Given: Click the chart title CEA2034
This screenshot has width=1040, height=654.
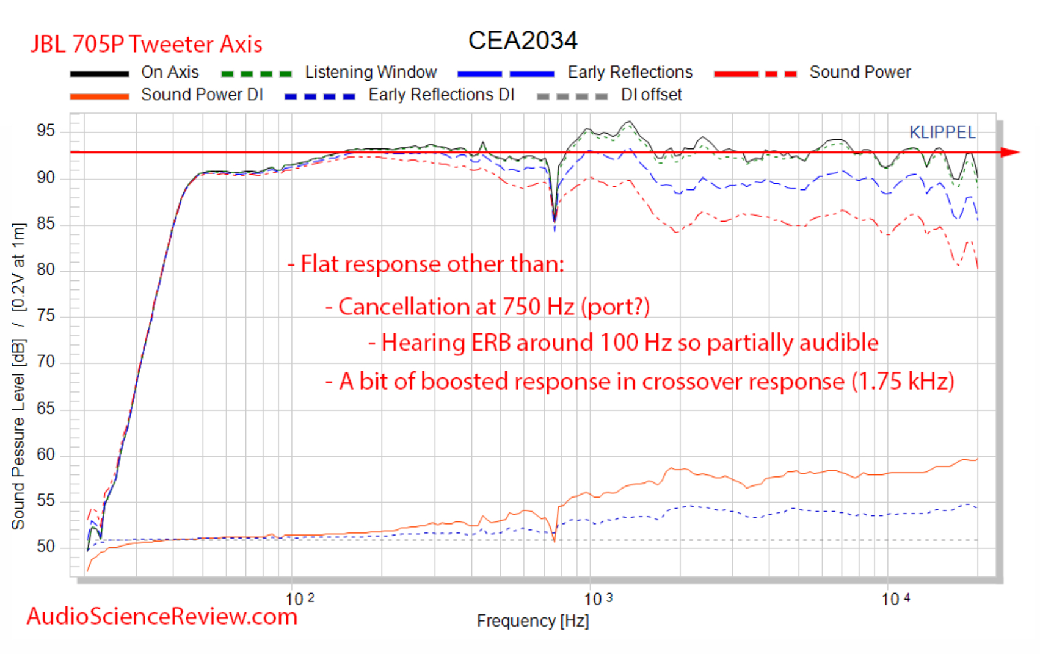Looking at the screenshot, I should [x=522, y=41].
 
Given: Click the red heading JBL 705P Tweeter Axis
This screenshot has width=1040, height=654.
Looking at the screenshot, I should [x=147, y=45].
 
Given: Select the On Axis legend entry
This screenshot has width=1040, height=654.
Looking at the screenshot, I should [x=170, y=72].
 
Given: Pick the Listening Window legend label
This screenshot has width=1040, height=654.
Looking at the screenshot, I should [x=371, y=72].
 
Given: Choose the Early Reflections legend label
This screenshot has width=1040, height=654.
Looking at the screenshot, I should [x=630, y=72].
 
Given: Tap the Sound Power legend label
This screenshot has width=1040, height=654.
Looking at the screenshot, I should [x=860, y=72].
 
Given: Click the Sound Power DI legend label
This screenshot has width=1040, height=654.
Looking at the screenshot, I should [x=202, y=95].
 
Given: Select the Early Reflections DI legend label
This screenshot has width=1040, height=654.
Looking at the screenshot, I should [x=441, y=95].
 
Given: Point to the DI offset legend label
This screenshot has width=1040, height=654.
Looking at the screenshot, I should [x=651, y=95].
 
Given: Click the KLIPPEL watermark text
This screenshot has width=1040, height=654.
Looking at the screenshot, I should [x=942, y=132].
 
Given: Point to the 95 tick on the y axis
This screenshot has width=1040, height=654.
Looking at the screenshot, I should [x=46, y=131].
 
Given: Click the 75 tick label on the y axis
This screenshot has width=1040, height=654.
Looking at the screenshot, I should [x=46, y=316].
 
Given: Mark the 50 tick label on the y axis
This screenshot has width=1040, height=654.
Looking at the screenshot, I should [x=46, y=547].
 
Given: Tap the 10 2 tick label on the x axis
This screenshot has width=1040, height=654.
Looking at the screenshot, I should [x=299, y=599].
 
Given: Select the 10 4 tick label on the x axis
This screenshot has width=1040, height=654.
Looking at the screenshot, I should [x=895, y=599].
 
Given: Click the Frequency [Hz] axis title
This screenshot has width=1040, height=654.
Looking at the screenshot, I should [x=533, y=621].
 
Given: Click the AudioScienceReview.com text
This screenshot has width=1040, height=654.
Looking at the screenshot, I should [x=162, y=617].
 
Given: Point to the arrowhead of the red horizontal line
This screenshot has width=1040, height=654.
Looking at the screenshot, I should [x=1011, y=152].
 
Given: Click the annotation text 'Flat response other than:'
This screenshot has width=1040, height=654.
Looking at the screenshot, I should [x=432, y=264].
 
